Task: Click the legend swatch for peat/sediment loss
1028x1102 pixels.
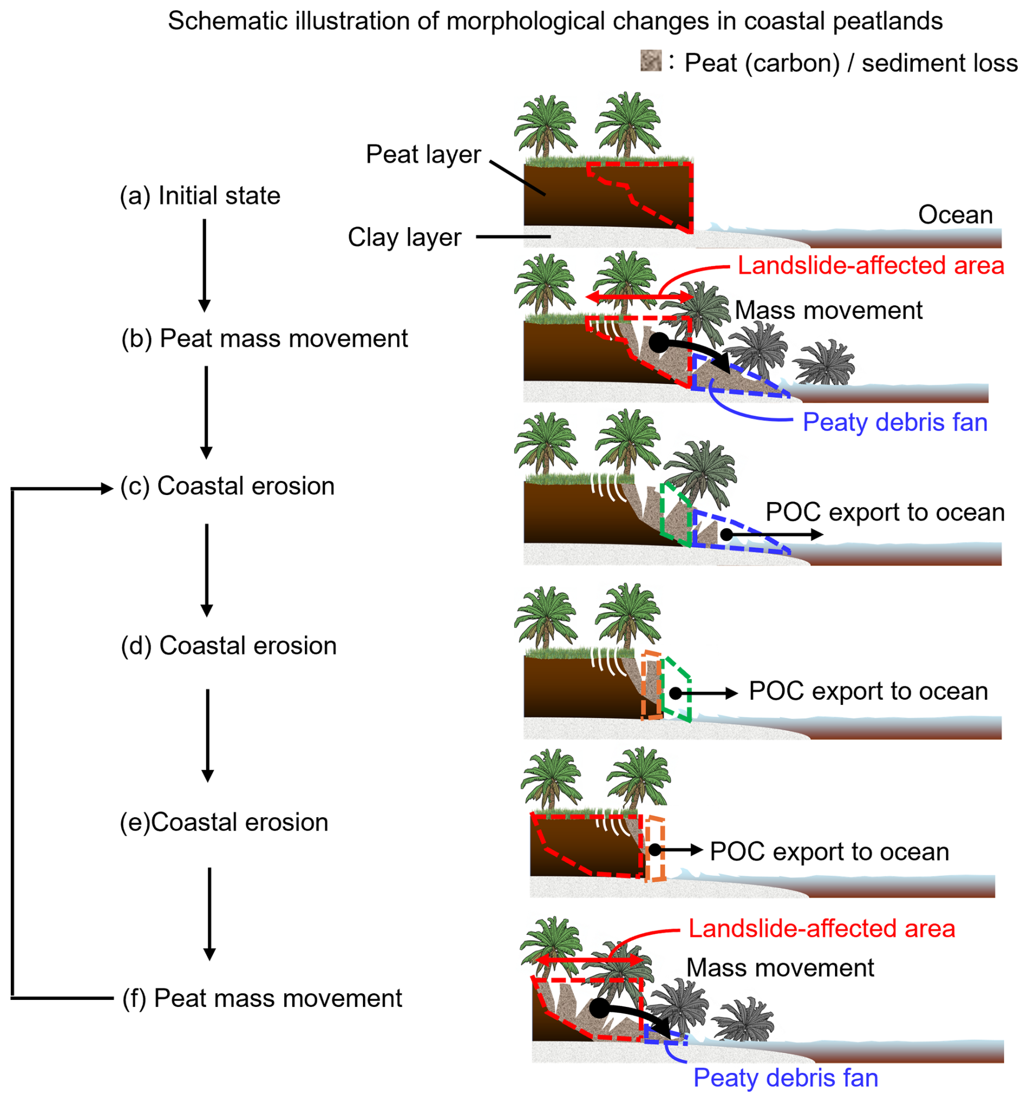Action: (650, 60)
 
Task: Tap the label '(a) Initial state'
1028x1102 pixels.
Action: (200, 196)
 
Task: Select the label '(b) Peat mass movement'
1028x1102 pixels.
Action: (265, 338)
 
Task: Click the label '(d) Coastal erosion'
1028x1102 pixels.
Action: (228, 645)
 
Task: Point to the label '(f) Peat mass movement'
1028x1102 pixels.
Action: (262, 998)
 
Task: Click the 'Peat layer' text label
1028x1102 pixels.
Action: (423, 154)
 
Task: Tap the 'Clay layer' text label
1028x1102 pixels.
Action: (404, 237)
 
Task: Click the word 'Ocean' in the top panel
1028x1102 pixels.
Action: (955, 215)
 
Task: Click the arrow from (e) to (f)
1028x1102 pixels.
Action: (209, 913)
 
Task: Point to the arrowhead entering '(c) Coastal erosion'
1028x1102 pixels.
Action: (107, 489)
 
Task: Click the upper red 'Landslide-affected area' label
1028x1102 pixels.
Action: (870, 266)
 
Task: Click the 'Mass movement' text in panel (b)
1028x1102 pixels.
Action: (828, 310)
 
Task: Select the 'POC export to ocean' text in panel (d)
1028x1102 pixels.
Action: (868, 691)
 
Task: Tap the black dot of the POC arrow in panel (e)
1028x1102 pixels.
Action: (655, 850)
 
